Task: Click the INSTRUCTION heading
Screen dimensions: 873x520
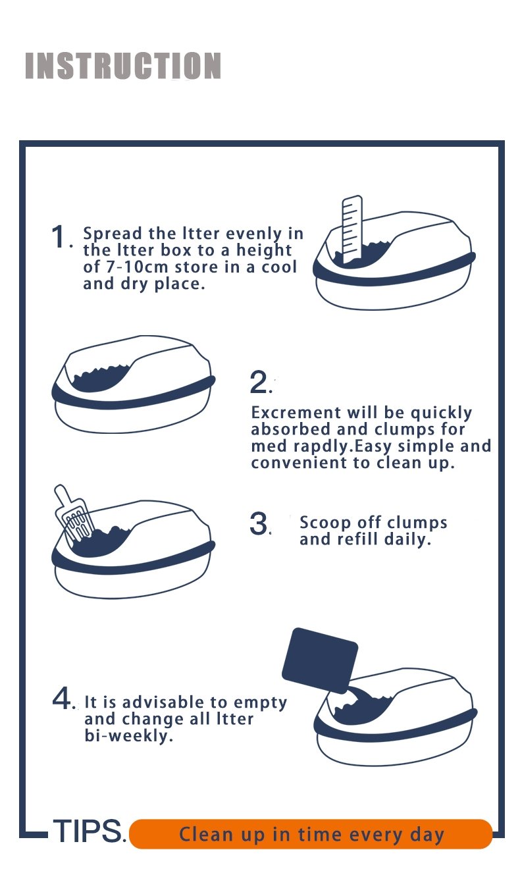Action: [x=123, y=66]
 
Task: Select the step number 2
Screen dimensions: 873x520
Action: [x=259, y=383]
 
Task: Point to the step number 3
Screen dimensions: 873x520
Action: [x=259, y=524]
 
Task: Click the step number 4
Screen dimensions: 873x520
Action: [x=62, y=699]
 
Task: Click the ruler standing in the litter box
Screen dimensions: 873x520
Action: [x=351, y=227]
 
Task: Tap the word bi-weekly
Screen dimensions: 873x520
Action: [x=129, y=736]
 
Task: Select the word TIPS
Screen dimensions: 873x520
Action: [x=87, y=832]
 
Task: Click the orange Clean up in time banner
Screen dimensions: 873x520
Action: [x=311, y=834]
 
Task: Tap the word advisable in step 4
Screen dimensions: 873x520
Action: [x=153, y=702]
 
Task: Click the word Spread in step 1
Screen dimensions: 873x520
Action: [x=112, y=234]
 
